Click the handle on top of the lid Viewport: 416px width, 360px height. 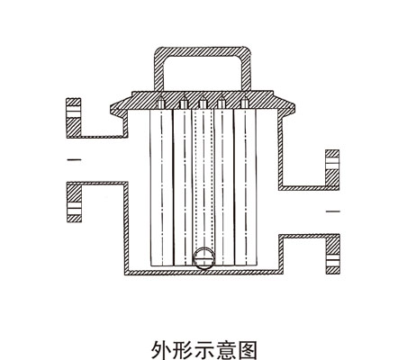tap(203, 51)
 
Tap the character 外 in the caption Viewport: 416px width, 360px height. tap(161, 350)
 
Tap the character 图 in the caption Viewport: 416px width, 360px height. tap(247, 350)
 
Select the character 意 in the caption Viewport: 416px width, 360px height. tap(225, 350)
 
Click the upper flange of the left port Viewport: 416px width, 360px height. tap(74, 118)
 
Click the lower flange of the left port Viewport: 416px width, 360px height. tap(74, 202)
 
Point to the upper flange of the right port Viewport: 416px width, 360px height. tap(332, 169)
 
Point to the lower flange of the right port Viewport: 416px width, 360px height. tap(333, 254)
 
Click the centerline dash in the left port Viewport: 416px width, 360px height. tap(74, 160)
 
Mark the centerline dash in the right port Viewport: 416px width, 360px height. tap(333, 211)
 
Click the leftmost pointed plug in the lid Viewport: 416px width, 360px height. tap(160, 103)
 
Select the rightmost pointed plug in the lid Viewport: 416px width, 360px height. tap(245, 103)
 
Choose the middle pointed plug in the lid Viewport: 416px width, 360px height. tap(203, 103)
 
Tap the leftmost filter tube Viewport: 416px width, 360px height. tap(161, 187)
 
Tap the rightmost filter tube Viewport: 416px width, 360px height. tap(246, 187)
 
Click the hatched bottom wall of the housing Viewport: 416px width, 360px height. tap(204, 273)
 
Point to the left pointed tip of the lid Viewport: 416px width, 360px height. tap(111, 107)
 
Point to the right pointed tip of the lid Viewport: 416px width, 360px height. tap(294, 107)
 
